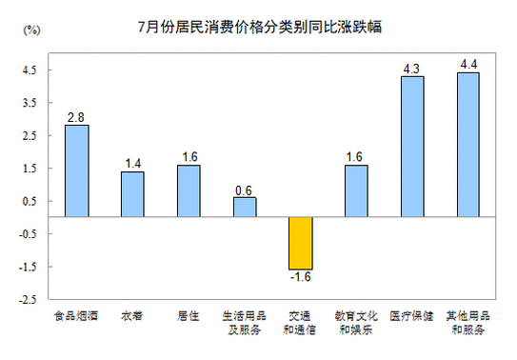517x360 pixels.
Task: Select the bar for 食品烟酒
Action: click(x=76, y=171)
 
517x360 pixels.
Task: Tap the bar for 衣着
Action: click(x=132, y=194)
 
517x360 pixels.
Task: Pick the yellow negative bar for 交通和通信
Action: click(x=300, y=243)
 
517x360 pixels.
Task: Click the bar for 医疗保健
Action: click(x=412, y=147)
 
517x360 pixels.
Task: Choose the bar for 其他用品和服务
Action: click(x=467, y=145)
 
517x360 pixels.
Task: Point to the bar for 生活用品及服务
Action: click(x=245, y=207)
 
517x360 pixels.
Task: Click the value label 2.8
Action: click(x=76, y=117)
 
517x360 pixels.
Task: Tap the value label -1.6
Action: click(x=300, y=278)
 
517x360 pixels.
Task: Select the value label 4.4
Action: click(x=467, y=65)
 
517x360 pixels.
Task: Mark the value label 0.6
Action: click(x=245, y=190)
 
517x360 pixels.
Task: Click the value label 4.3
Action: click(x=412, y=69)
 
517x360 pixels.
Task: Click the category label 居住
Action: click(x=189, y=315)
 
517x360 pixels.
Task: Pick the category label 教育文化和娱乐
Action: click(x=356, y=322)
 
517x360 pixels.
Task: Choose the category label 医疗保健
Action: click(x=412, y=315)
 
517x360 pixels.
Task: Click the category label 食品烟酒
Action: click(x=76, y=315)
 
